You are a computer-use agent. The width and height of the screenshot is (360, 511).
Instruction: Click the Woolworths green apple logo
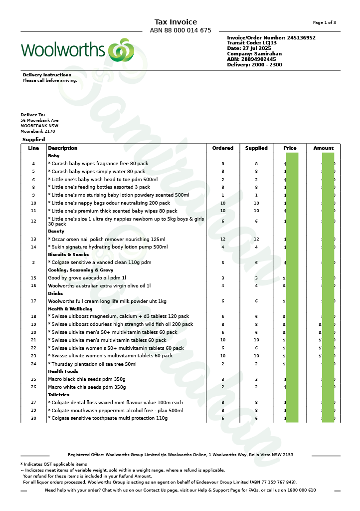[x=121, y=50]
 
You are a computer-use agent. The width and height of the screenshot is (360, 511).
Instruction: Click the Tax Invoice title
[x=176, y=22]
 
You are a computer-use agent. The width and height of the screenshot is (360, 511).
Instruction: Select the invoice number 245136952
[x=301, y=38]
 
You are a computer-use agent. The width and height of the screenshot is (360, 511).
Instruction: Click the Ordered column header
[x=223, y=148]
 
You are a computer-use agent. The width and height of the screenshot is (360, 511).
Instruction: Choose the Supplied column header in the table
[x=256, y=148]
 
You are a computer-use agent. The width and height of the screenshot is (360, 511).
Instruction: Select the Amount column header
[x=324, y=148]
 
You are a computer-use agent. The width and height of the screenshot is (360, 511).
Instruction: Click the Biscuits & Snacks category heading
[x=68, y=255]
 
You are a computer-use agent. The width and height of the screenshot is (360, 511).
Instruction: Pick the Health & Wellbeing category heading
[x=70, y=309]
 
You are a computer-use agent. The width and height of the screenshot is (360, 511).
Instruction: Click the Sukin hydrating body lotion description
[x=108, y=247]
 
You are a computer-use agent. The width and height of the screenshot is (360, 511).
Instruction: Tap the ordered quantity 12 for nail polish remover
[x=223, y=239]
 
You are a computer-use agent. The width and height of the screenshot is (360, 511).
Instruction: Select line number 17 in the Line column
[x=33, y=301]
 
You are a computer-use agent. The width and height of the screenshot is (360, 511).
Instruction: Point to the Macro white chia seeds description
[x=87, y=387]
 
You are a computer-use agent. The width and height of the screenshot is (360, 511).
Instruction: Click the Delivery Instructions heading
[x=47, y=75]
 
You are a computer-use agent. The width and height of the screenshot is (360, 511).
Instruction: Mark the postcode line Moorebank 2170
[x=38, y=131]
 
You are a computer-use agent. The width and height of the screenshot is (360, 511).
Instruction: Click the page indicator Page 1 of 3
[x=324, y=22]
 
